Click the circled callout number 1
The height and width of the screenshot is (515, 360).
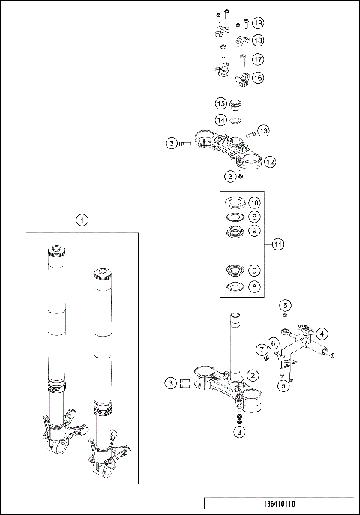(x=82, y=219)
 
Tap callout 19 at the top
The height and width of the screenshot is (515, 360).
(x=257, y=24)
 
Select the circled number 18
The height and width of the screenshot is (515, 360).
(x=257, y=40)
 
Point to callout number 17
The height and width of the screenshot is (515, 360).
(x=257, y=58)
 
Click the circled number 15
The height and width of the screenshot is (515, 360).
(x=221, y=103)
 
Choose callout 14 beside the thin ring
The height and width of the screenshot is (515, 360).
(x=221, y=119)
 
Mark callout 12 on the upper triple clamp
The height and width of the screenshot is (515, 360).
(x=269, y=161)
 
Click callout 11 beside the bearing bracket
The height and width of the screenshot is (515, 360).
(x=277, y=244)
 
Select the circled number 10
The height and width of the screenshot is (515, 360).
(x=254, y=202)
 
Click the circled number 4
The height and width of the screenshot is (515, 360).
(x=321, y=333)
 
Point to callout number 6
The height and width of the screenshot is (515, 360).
(x=274, y=343)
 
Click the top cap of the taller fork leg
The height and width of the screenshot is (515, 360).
(x=55, y=250)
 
